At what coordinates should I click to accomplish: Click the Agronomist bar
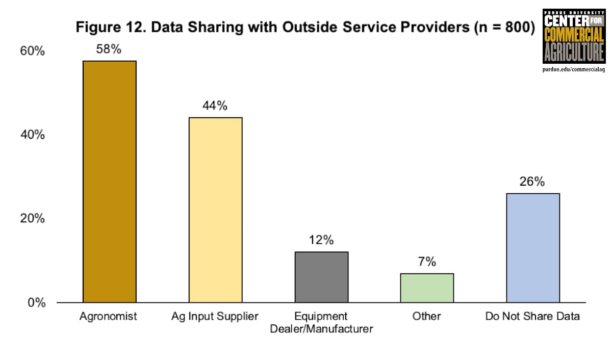point(110,182)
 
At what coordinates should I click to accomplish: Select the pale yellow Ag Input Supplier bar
point(215,210)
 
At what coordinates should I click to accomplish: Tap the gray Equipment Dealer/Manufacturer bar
point(321,277)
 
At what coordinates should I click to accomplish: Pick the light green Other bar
point(427,288)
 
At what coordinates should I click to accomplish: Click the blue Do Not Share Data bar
point(532,248)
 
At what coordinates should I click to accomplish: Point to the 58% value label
point(110,49)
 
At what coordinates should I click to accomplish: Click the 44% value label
point(215,106)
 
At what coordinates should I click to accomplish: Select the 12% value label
point(321,240)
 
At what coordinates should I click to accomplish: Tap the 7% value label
point(427,262)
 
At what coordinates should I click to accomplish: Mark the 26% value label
point(532,182)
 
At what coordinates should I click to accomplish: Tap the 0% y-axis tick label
point(36,302)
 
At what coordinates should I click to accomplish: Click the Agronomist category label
point(109,317)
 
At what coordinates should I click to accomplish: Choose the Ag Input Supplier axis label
point(215,317)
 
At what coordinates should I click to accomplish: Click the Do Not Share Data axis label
point(532,317)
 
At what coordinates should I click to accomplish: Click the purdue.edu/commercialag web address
point(573,69)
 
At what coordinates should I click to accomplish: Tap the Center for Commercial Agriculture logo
point(573,36)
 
